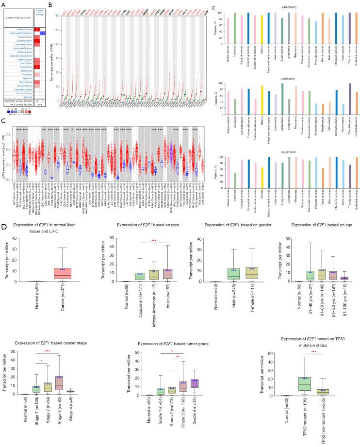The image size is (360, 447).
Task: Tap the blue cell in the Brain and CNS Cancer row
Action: coord(42,33)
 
